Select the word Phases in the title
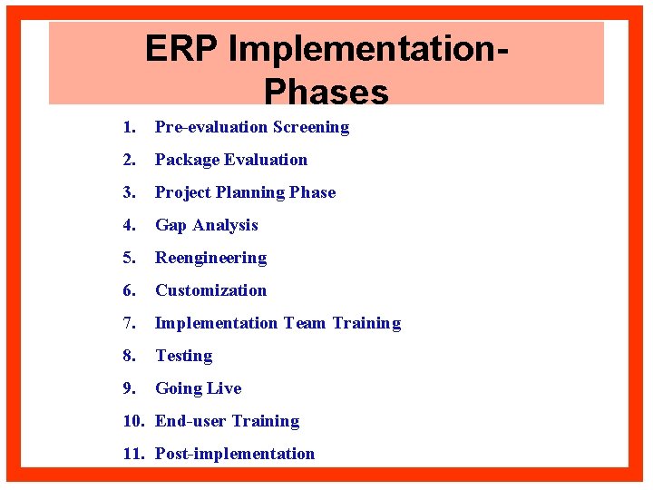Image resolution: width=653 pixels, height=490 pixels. (326, 91)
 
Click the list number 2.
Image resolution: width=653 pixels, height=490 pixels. (130, 160)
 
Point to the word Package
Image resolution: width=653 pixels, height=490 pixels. (188, 160)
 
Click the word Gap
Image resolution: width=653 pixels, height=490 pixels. (171, 225)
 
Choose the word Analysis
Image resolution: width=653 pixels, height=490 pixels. (226, 225)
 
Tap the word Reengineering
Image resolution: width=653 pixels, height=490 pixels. (210, 258)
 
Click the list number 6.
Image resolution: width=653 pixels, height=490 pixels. (130, 290)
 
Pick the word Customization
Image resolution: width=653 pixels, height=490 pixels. (210, 290)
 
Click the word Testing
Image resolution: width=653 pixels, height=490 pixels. (183, 356)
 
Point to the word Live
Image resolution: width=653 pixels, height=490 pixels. (224, 388)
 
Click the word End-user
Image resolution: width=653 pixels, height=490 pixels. (190, 421)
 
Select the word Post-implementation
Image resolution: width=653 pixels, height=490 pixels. (235, 454)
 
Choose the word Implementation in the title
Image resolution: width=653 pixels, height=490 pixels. (363, 49)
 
